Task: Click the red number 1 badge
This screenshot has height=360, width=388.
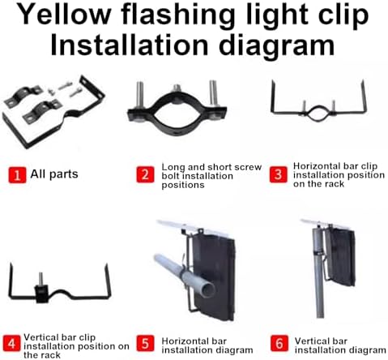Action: (17, 175)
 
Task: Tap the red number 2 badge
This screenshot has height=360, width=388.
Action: (145, 174)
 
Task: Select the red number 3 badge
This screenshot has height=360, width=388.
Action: (279, 174)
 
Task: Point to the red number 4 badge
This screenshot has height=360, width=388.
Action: (11, 344)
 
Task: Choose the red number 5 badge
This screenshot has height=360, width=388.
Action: (145, 344)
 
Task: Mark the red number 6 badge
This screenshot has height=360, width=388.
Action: (279, 344)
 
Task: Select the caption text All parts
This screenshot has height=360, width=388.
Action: (54, 174)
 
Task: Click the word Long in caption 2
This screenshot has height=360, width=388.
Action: (173, 168)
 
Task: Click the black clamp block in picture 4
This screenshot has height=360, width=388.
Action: (42, 294)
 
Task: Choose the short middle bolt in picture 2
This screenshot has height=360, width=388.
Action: (177, 89)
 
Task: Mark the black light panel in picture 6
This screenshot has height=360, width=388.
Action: (341, 257)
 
